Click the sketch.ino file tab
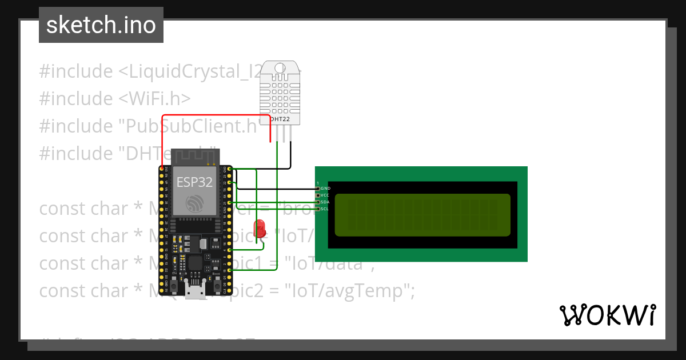[101, 25]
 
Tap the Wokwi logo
[607, 315]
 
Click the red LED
[261, 227]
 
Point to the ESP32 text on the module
[194, 182]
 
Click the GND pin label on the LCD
[325, 188]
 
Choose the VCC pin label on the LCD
[325, 195]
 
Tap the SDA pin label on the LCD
[325, 202]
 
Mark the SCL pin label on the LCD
[325, 209]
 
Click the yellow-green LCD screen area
[422, 215]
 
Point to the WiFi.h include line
[114, 98]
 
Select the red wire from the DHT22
[217, 116]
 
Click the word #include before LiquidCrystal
[76, 71]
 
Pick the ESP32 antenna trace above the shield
[194, 155]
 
